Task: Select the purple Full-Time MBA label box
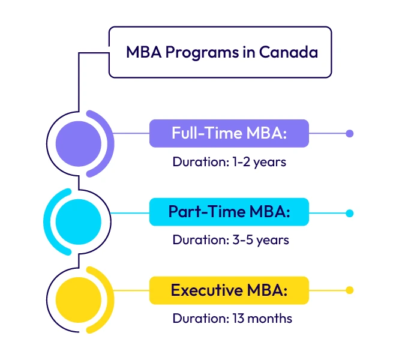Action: click(229, 133)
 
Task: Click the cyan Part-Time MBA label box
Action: click(229, 212)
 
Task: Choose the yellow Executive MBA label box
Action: click(229, 290)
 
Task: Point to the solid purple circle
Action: click(79, 143)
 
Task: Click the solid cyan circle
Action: click(79, 221)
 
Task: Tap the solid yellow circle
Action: click(79, 298)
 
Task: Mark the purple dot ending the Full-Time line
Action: click(350, 134)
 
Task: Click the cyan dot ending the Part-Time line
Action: click(350, 213)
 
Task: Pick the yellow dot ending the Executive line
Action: click(350, 290)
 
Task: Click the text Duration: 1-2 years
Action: click(229, 162)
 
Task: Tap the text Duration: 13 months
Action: click(232, 319)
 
